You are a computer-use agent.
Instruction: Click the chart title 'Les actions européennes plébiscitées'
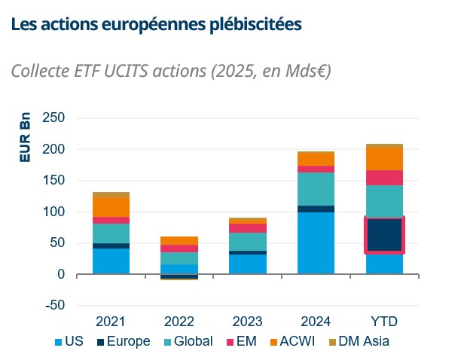(157, 24)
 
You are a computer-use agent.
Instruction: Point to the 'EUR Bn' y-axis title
(25, 138)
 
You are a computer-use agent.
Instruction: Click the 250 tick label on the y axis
(53, 118)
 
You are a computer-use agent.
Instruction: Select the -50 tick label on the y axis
(53, 306)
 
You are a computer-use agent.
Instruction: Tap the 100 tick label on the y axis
(53, 212)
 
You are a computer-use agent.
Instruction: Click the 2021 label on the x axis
(111, 322)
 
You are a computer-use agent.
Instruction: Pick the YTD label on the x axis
(384, 322)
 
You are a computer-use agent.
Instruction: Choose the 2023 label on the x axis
(247, 322)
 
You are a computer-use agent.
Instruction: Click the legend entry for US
(69, 341)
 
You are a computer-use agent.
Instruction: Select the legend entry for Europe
(123, 341)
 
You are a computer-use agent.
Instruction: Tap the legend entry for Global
(188, 341)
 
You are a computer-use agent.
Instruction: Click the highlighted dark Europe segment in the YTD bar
(384, 235)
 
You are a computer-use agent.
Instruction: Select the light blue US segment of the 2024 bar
(316, 243)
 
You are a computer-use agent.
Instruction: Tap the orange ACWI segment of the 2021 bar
(111, 207)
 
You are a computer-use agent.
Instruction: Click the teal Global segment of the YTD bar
(384, 200)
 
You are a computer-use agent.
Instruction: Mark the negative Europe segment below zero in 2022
(179, 276)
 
